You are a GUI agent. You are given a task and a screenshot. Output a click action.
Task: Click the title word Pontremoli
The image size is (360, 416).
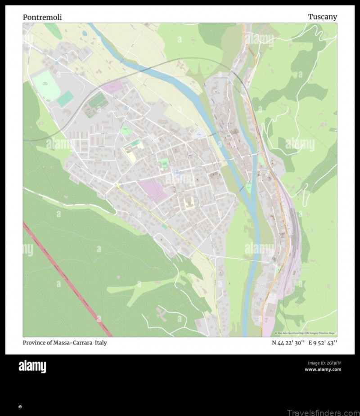coord(42,18)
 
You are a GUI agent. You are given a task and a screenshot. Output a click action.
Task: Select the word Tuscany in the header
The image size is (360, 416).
coord(322,17)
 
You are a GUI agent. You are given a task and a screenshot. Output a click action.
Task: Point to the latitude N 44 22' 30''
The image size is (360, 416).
coord(288,343)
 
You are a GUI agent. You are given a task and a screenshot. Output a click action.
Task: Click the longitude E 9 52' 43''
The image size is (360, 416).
coord(322,343)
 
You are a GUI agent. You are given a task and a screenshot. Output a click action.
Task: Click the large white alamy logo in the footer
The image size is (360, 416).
coord(32,367)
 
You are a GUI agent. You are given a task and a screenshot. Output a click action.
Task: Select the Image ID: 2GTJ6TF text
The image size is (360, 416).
coord(324,363)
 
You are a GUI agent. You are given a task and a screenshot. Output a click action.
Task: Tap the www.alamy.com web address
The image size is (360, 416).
coord(323,370)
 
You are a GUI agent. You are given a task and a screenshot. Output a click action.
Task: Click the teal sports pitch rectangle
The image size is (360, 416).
coord(65,98)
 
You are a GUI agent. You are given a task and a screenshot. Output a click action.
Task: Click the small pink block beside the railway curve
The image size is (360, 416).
coord(112,86)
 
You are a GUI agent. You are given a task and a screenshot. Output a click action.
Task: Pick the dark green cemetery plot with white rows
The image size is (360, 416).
coord(98,103)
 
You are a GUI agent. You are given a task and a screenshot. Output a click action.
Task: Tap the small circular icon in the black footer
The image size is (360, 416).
coord(20,407)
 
